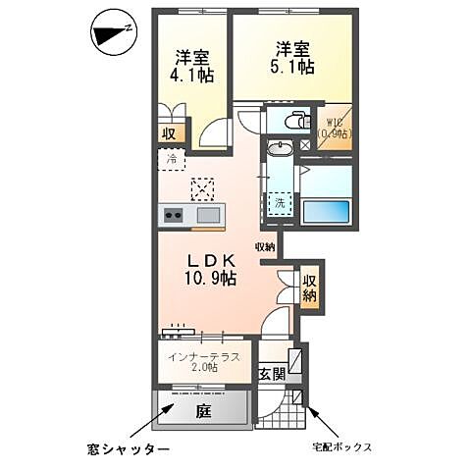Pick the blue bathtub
click(326, 212)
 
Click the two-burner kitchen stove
click(173, 216)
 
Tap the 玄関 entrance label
click(272, 373)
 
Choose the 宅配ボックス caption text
click(342, 447)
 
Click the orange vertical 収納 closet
click(310, 286)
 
